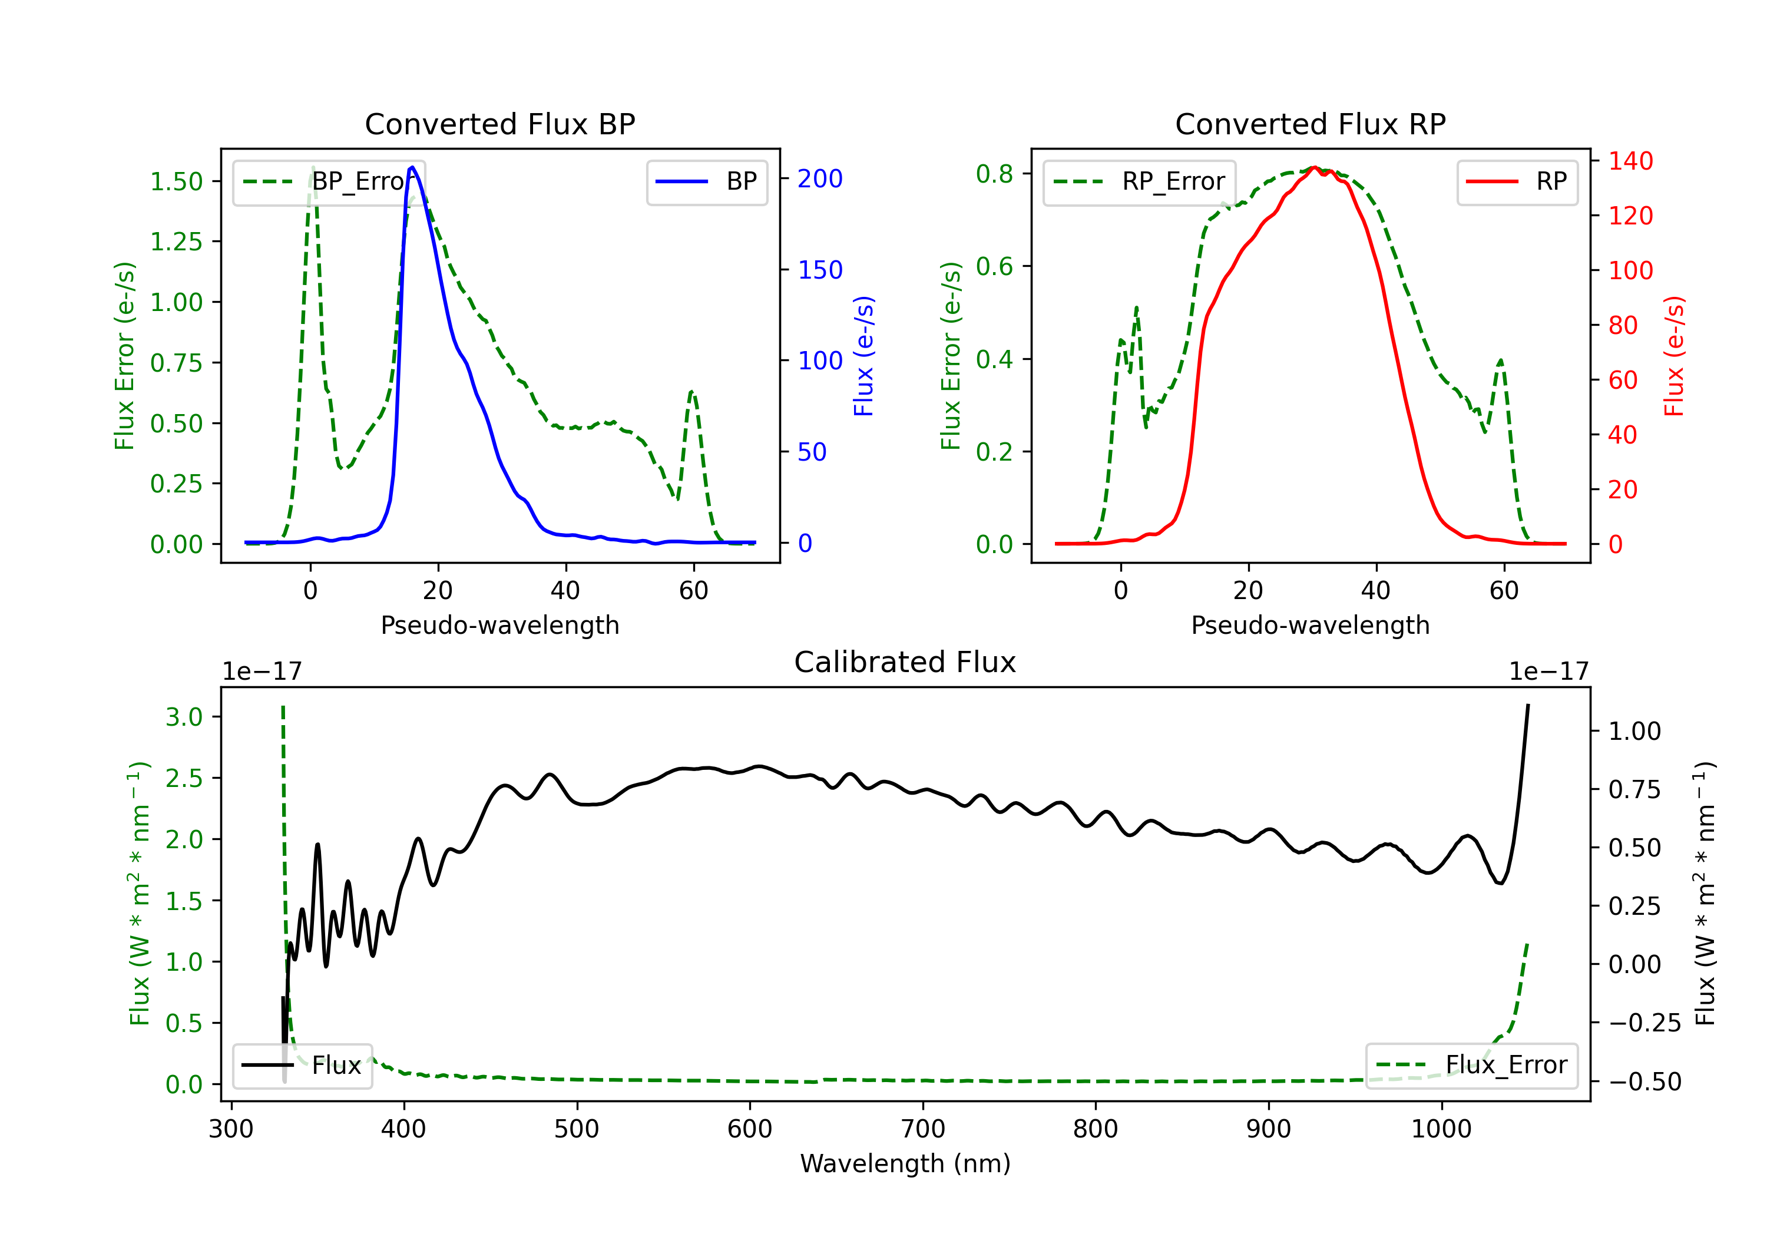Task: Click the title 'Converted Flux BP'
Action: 499,124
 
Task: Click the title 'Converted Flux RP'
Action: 1310,124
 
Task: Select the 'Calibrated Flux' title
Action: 905,662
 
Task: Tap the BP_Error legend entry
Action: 329,181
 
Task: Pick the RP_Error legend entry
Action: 1139,181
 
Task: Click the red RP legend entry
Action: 1517,181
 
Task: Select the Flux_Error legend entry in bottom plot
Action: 1471,1066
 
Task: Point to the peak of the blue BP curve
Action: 412,167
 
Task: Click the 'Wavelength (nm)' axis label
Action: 905,1163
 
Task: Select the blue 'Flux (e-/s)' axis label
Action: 863,356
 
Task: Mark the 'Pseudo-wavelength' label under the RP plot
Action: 1310,625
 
